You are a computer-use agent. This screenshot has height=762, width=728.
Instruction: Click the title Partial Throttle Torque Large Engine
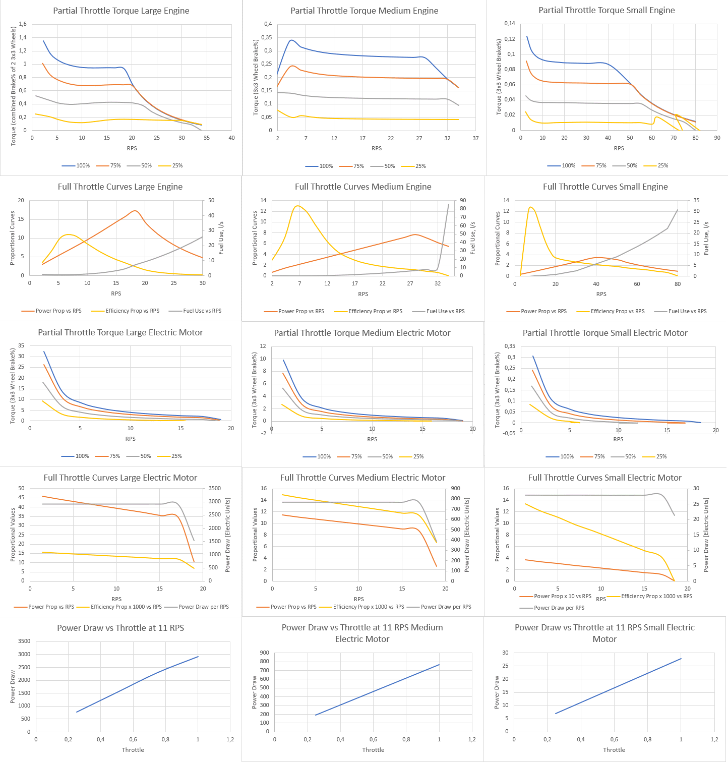121,11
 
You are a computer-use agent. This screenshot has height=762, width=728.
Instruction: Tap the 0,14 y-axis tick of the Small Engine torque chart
510,24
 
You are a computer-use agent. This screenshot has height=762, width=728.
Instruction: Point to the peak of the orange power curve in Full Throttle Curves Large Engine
135,211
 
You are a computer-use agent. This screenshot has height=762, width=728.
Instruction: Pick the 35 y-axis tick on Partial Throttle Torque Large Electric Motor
21,345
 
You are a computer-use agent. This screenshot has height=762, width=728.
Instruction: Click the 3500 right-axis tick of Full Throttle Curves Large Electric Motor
215,488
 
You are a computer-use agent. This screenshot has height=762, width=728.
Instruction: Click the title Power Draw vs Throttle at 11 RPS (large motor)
120,628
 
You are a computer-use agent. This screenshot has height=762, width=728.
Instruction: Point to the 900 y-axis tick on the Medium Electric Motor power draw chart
264,653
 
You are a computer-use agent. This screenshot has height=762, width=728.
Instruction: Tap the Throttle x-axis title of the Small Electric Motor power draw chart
614,750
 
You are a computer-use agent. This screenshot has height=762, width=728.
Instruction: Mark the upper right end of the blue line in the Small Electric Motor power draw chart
681,658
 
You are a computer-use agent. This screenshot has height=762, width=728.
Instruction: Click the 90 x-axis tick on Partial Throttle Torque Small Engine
717,138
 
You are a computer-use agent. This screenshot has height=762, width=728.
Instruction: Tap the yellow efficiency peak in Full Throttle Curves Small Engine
530,207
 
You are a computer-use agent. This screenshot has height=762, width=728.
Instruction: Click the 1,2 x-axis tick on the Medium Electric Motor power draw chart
472,739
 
